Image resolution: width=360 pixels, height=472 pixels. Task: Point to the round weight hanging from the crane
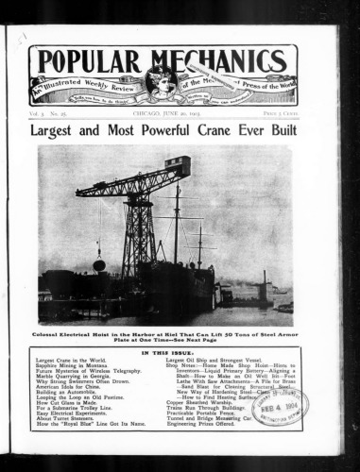click(x=99, y=265)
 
